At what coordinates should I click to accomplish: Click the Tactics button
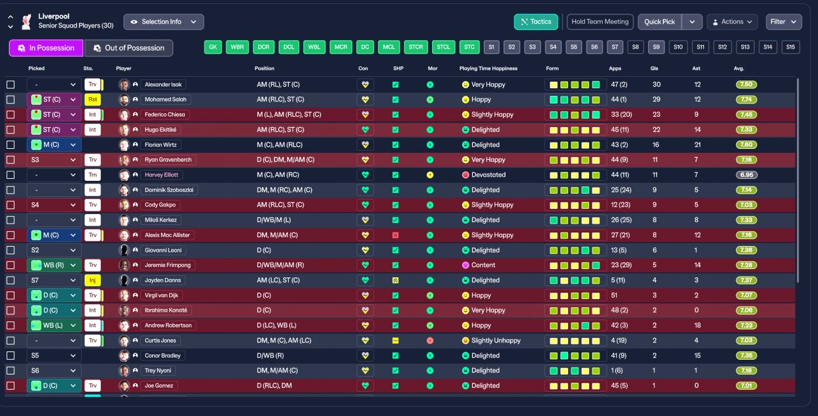click(x=536, y=22)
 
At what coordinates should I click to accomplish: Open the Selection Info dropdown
click(x=164, y=22)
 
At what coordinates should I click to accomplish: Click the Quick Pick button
click(x=660, y=22)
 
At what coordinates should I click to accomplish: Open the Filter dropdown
click(x=783, y=22)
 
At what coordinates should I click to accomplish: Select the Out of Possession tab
click(x=128, y=48)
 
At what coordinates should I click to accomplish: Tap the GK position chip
click(x=213, y=47)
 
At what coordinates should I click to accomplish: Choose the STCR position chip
click(x=416, y=47)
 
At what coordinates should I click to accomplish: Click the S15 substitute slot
click(x=791, y=47)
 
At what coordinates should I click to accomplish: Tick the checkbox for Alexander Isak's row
click(x=10, y=84)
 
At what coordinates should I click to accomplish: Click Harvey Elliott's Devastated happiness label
click(x=488, y=175)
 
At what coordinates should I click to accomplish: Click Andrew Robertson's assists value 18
click(x=698, y=325)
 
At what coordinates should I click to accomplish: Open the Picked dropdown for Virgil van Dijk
click(x=54, y=295)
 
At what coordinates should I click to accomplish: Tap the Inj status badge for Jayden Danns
click(x=93, y=281)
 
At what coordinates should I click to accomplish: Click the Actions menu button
click(x=732, y=22)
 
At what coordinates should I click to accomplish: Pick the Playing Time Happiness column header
click(x=488, y=68)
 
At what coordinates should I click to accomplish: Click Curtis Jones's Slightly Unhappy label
click(x=496, y=341)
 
